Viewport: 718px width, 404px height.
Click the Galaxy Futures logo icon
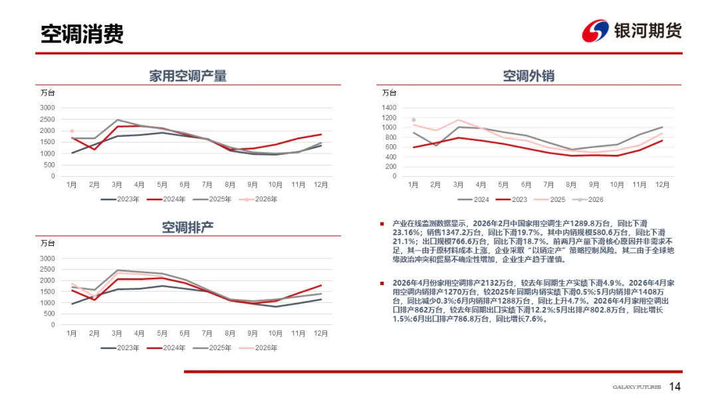[596, 31]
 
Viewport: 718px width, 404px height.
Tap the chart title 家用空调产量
[188, 76]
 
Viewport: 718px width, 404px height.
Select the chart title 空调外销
[529, 76]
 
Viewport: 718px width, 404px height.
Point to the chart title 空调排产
[188, 227]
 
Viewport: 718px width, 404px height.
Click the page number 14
[675, 387]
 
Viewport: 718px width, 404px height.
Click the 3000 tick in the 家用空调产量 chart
[47, 108]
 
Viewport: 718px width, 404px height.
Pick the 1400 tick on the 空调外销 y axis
[389, 108]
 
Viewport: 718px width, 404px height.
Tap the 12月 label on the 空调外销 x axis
[662, 185]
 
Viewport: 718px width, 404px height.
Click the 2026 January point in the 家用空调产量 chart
[72, 131]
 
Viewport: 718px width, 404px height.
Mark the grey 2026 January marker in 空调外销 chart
[414, 120]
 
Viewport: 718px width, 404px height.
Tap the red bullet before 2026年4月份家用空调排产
[382, 283]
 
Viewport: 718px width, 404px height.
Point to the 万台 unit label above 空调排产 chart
[48, 243]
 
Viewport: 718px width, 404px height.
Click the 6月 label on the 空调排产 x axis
[184, 333]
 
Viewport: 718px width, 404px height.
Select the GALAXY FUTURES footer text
[636, 387]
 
